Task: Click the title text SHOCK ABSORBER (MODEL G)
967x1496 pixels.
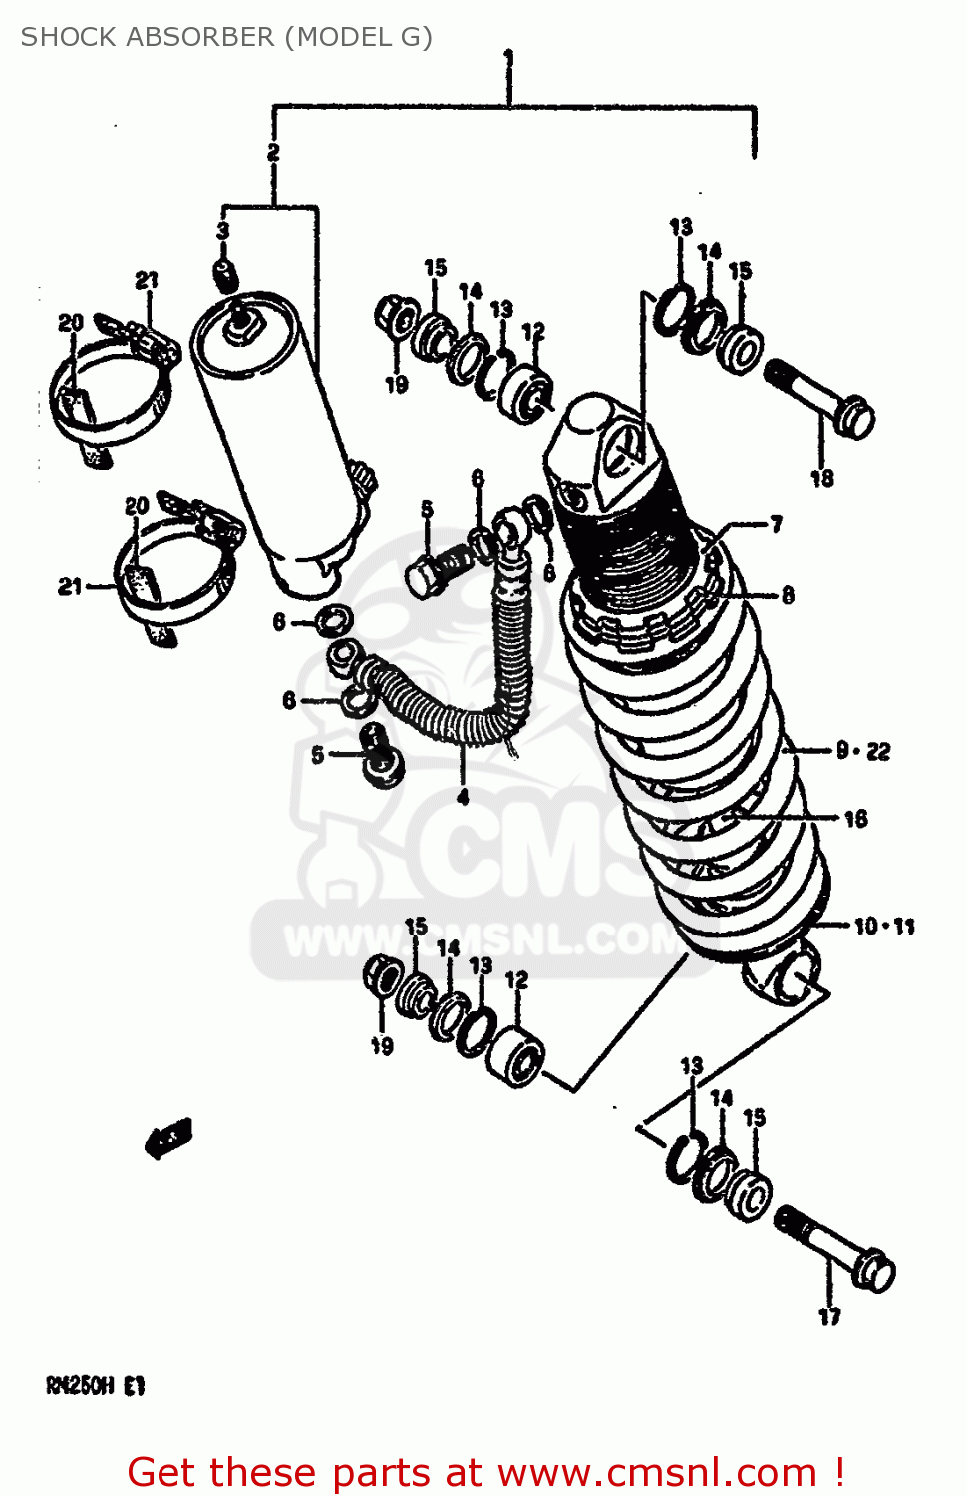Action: pyautogui.click(x=226, y=37)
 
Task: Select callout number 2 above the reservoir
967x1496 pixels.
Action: pyautogui.click(x=273, y=152)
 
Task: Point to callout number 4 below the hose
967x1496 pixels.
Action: pyautogui.click(x=463, y=798)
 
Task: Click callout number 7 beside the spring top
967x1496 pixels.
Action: pyautogui.click(x=776, y=524)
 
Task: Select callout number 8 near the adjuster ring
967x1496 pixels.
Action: pyautogui.click(x=787, y=595)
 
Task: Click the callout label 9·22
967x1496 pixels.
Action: pyautogui.click(x=863, y=751)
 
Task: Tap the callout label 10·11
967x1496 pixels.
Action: pyautogui.click(x=884, y=927)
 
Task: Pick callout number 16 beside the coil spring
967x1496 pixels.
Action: pyautogui.click(x=855, y=819)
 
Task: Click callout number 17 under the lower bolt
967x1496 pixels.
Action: pyautogui.click(x=829, y=1316)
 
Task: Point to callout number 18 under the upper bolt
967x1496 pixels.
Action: pyautogui.click(x=821, y=478)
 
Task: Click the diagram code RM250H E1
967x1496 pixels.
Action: pyautogui.click(x=96, y=1386)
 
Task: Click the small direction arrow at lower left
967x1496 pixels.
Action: pyautogui.click(x=168, y=1137)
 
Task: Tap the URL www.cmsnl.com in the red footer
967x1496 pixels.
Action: pyautogui.click(x=657, y=1472)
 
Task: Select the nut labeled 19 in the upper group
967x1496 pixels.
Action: pyautogui.click(x=394, y=316)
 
